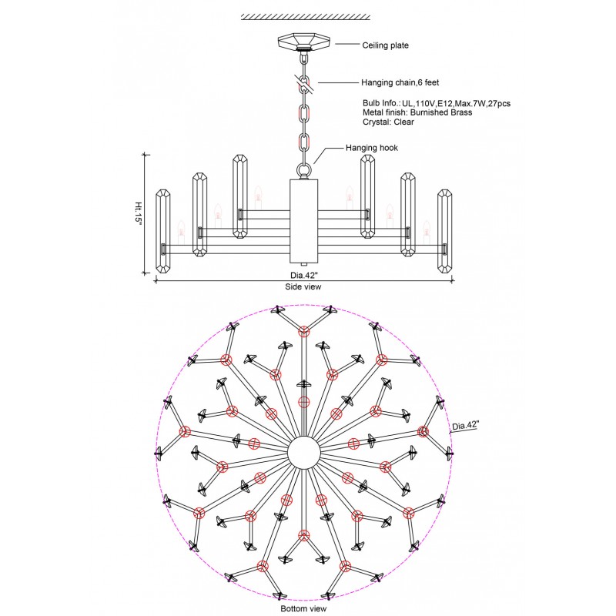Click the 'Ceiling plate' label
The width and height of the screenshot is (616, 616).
click(x=385, y=45)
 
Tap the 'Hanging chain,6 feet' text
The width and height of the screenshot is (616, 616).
click(x=400, y=82)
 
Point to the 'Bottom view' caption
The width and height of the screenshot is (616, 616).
click(x=305, y=608)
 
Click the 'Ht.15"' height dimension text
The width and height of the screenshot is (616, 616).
click(x=139, y=213)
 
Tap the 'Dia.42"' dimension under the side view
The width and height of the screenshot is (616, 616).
click(x=302, y=273)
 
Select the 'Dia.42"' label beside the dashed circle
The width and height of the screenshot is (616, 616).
click(x=465, y=425)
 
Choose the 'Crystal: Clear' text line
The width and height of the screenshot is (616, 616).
click(x=388, y=122)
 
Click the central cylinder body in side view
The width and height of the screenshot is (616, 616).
click(x=303, y=222)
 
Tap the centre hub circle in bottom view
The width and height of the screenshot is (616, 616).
click(x=303, y=449)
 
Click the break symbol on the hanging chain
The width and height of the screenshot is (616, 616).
click(x=304, y=83)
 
